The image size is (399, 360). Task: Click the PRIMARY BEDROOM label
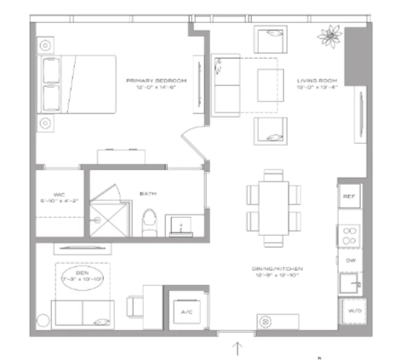(x=156, y=81)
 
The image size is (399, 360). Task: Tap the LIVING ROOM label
(x=317, y=81)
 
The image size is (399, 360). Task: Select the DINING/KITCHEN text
(x=277, y=269)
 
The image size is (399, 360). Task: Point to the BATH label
(x=148, y=194)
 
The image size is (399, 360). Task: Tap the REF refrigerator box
(x=349, y=196)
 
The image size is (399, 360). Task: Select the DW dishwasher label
(x=351, y=261)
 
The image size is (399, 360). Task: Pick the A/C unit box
(x=187, y=312)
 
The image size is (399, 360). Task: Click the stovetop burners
(x=349, y=236)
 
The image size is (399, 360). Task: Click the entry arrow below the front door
(x=237, y=348)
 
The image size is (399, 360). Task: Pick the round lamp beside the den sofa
(x=43, y=320)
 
